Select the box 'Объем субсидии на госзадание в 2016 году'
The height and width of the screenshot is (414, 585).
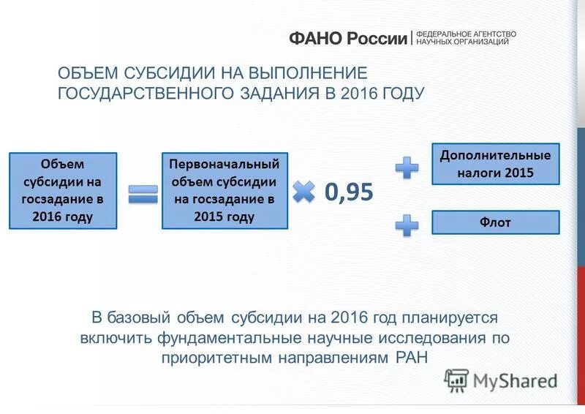pos(63,190)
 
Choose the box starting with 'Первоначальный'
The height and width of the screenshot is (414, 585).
pos(224,190)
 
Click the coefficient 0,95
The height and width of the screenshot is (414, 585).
pos(349,192)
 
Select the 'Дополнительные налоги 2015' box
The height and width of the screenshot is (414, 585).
pos(495,164)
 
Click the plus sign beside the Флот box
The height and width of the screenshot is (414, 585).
pos(407,223)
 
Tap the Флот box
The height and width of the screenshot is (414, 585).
pos(495,222)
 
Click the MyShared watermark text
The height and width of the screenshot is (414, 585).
pos(515,380)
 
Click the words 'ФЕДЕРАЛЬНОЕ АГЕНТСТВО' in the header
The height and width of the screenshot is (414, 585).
pos(467,34)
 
